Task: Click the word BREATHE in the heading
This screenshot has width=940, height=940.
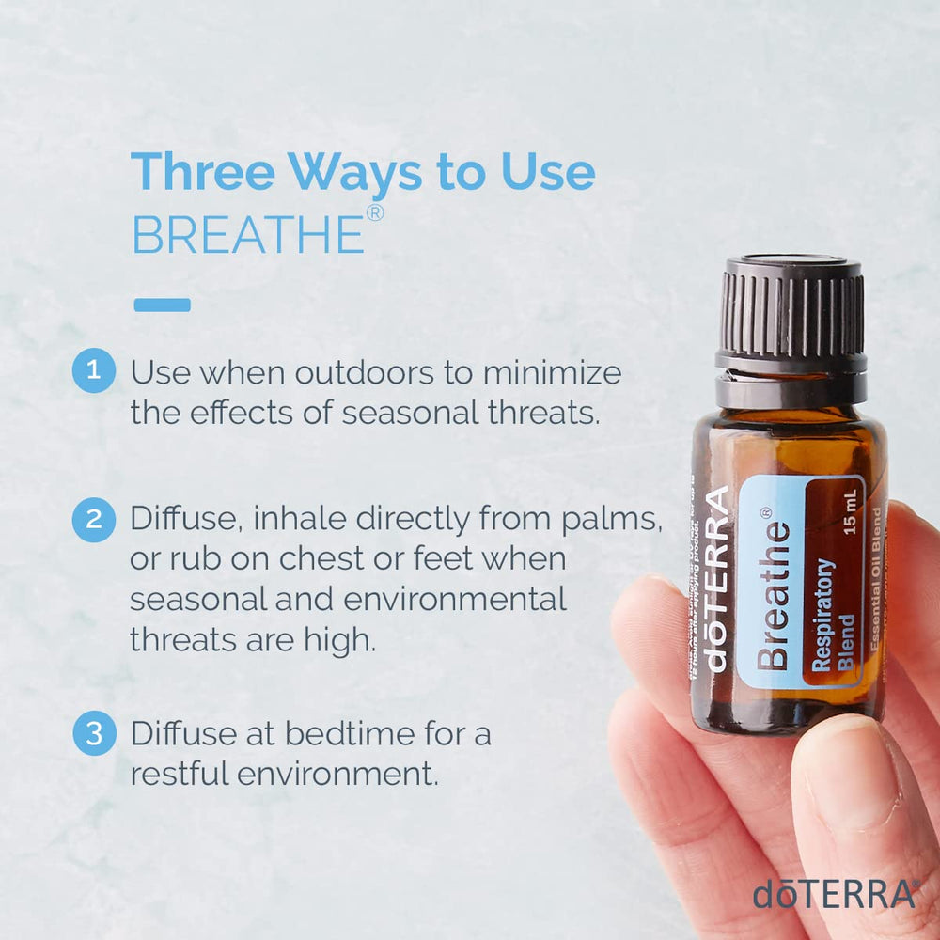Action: [248, 235]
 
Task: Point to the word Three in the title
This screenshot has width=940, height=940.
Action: [202, 172]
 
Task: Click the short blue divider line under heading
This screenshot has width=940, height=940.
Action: [162, 305]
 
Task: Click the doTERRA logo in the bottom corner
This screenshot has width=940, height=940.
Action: [834, 894]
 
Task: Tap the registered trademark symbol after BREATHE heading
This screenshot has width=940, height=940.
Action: [374, 213]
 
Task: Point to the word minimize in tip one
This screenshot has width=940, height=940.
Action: [552, 372]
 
